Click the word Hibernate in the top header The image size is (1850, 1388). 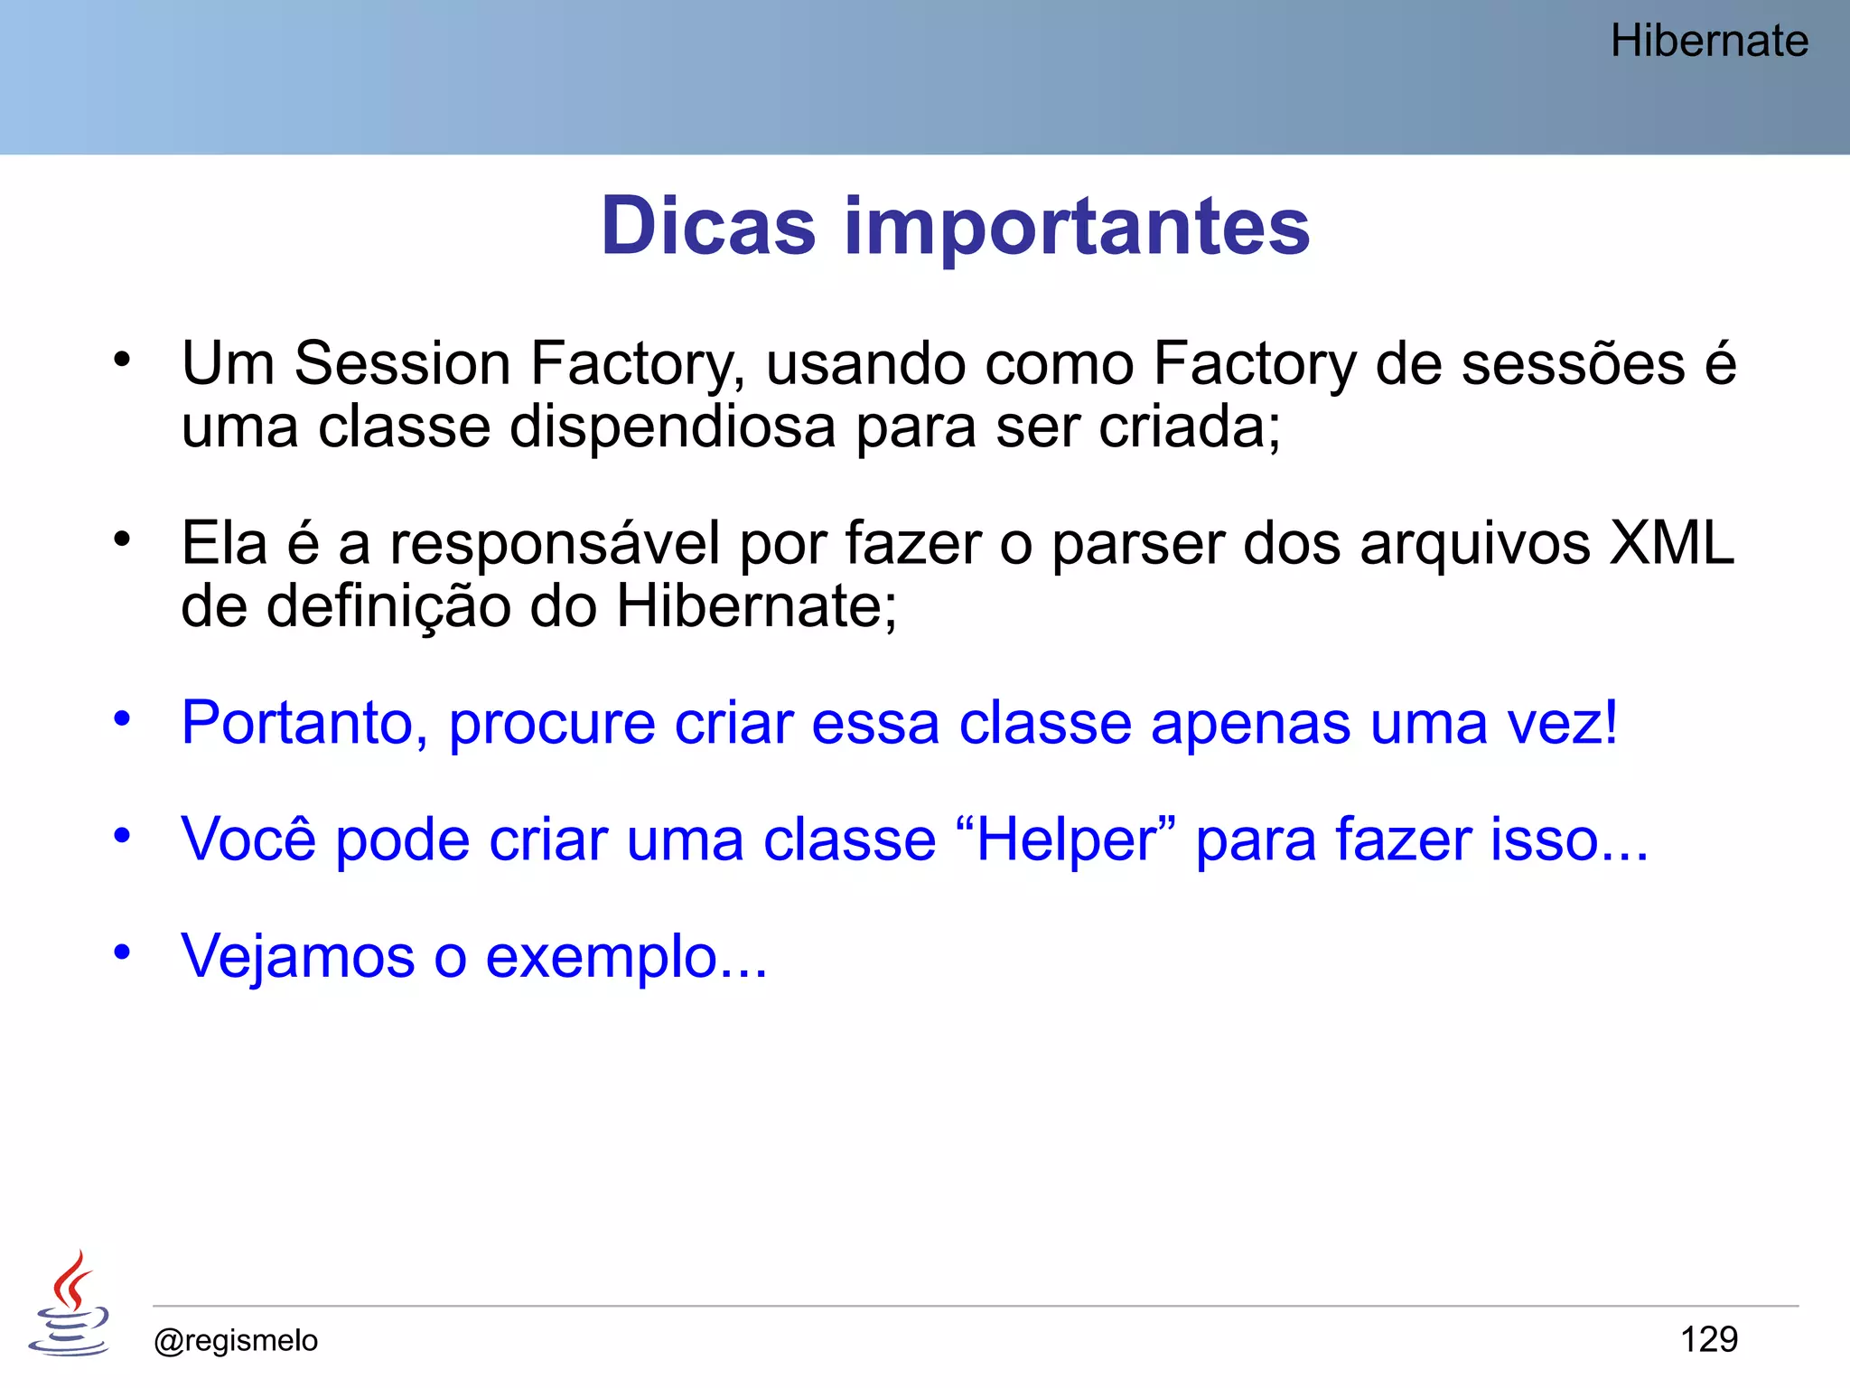click(x=1709, y=42)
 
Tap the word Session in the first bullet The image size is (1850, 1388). click(x=402, y=364)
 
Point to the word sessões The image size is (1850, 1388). click(x=1573, y=364)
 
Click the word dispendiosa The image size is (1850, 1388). click(x=672, y=427)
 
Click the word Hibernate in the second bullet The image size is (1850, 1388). click(x=755, y=605)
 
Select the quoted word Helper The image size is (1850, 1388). click(x=1065, y=840)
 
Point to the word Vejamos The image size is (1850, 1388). click(x=297, y=958)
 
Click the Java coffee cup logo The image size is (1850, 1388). click(x=70, y=1303)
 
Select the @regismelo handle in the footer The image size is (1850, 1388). click(x=236, y=1340)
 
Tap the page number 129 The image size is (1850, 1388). click(x=1708, y=1339)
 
